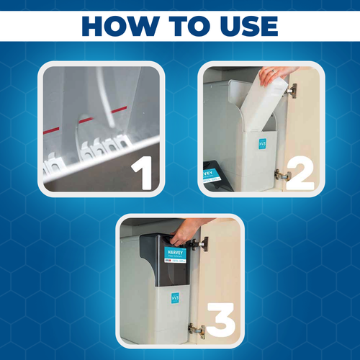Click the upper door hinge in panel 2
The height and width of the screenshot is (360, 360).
289,91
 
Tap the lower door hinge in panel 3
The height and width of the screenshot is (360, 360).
196,329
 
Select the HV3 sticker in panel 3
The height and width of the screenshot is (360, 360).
175,297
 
